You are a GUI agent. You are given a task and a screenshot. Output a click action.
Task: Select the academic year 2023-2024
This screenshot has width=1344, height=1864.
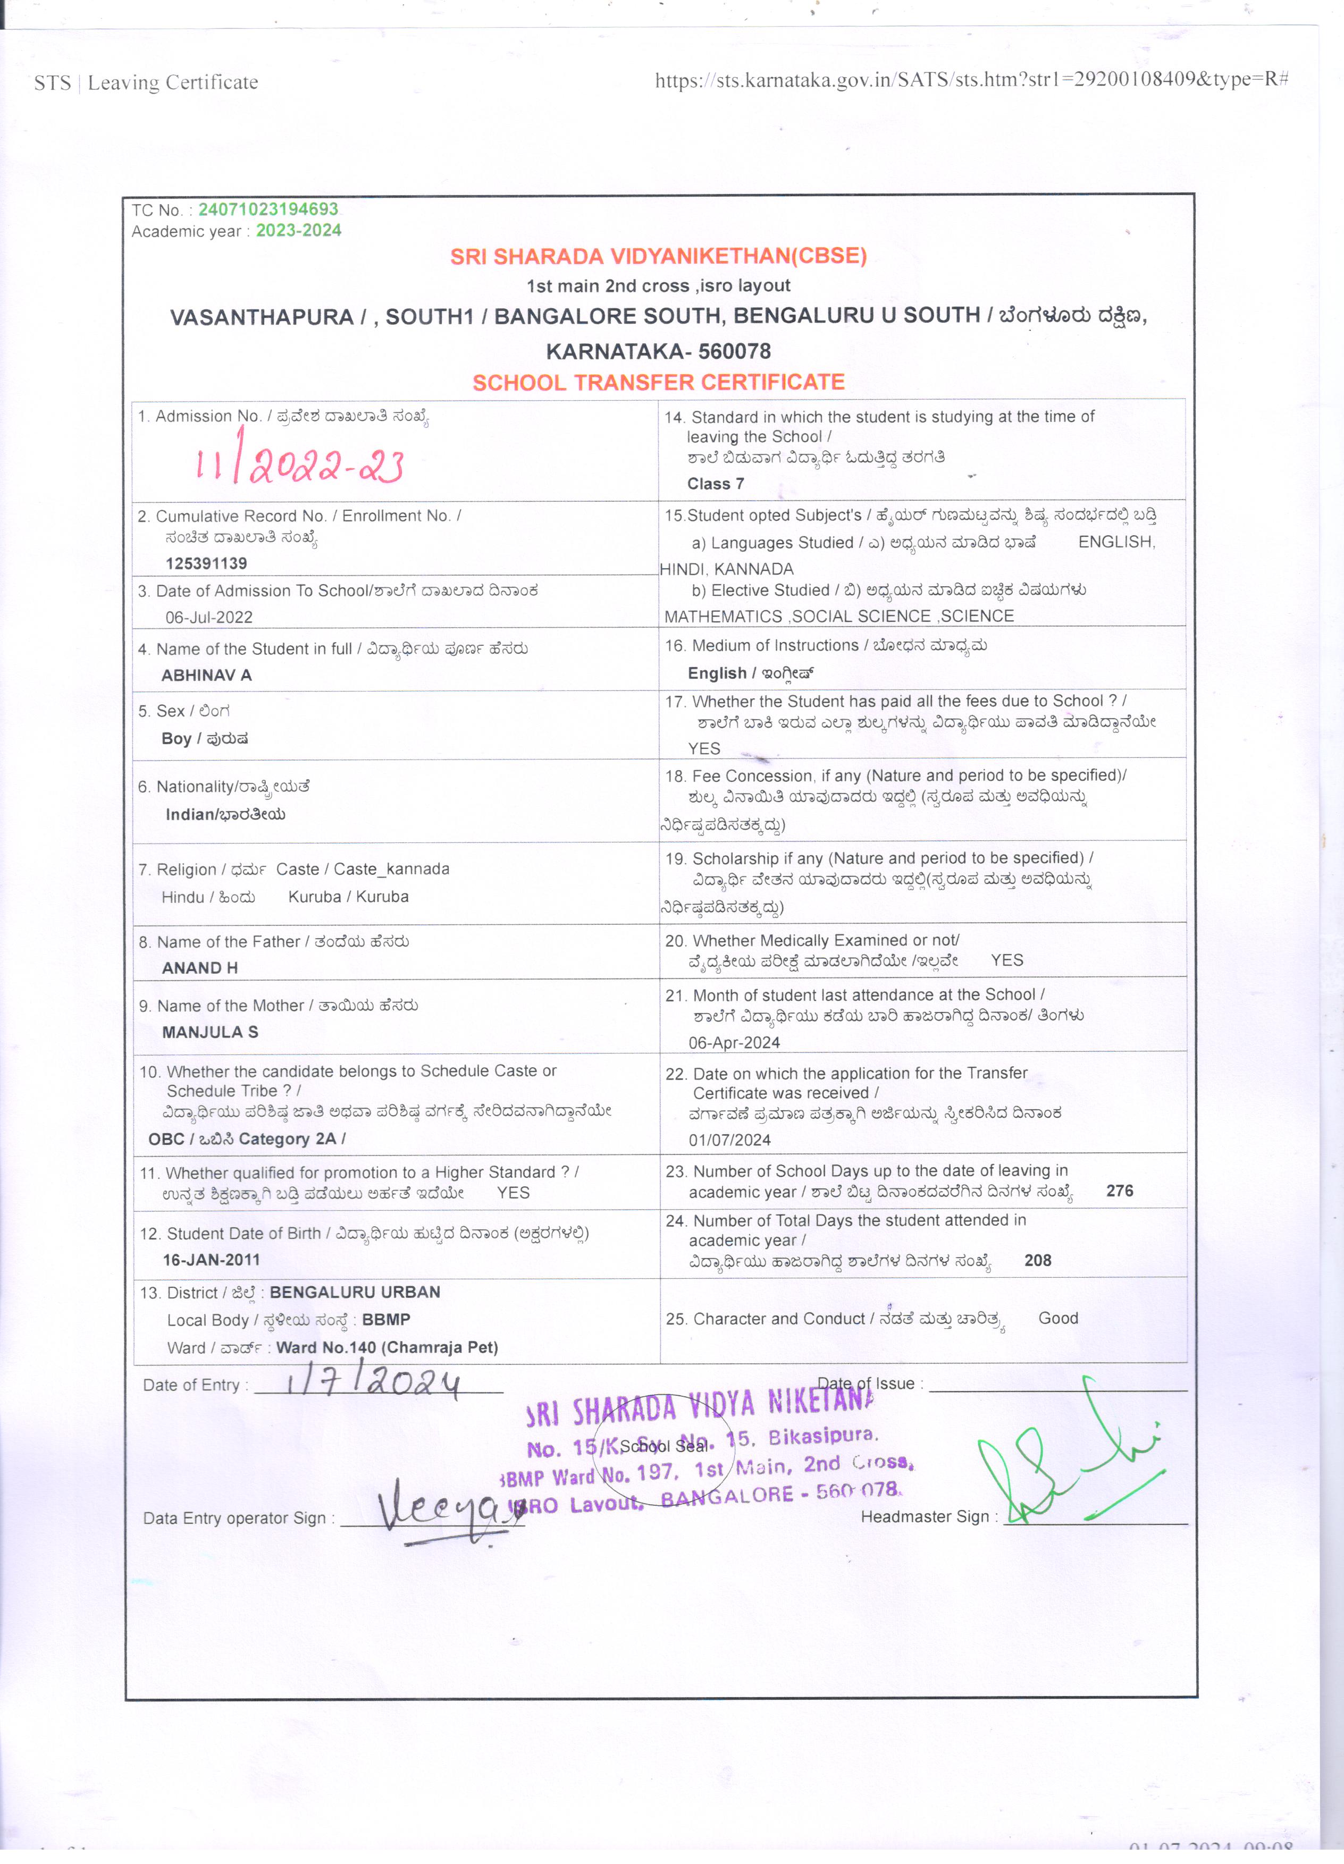click(x=298, y=231)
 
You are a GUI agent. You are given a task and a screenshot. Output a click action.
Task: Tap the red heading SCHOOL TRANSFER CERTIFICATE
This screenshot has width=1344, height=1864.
click(x=658, y=382)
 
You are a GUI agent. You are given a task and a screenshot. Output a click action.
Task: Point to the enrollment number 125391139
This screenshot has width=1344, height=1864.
click(x=206, y=563)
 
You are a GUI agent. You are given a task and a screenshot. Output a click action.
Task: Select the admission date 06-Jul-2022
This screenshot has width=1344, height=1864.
click(x=209, y=617)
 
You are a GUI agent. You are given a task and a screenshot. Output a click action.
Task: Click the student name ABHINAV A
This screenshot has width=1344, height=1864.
click(x=206, y=676)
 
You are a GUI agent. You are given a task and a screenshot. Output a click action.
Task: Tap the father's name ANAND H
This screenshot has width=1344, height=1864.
click(x=200, y=968)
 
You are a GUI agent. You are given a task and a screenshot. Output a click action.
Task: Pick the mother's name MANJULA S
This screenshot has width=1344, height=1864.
click(x=209, y=1032)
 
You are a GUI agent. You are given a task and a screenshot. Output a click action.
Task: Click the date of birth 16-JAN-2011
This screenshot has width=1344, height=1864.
click(x=211, y=1260)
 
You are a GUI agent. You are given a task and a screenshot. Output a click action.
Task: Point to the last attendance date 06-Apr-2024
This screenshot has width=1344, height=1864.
click(x=734, y=1043)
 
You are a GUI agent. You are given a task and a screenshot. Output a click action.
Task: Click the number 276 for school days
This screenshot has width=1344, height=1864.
click(x=1120, y=1191)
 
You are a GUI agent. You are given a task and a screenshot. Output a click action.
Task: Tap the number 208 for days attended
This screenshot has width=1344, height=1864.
click(x=1037, y=1261)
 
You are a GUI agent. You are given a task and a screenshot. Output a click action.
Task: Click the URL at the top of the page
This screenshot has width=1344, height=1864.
click(x=971, y=80)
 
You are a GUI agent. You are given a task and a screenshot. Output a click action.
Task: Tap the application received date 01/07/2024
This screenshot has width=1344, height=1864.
click(x=729, y=1140)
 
